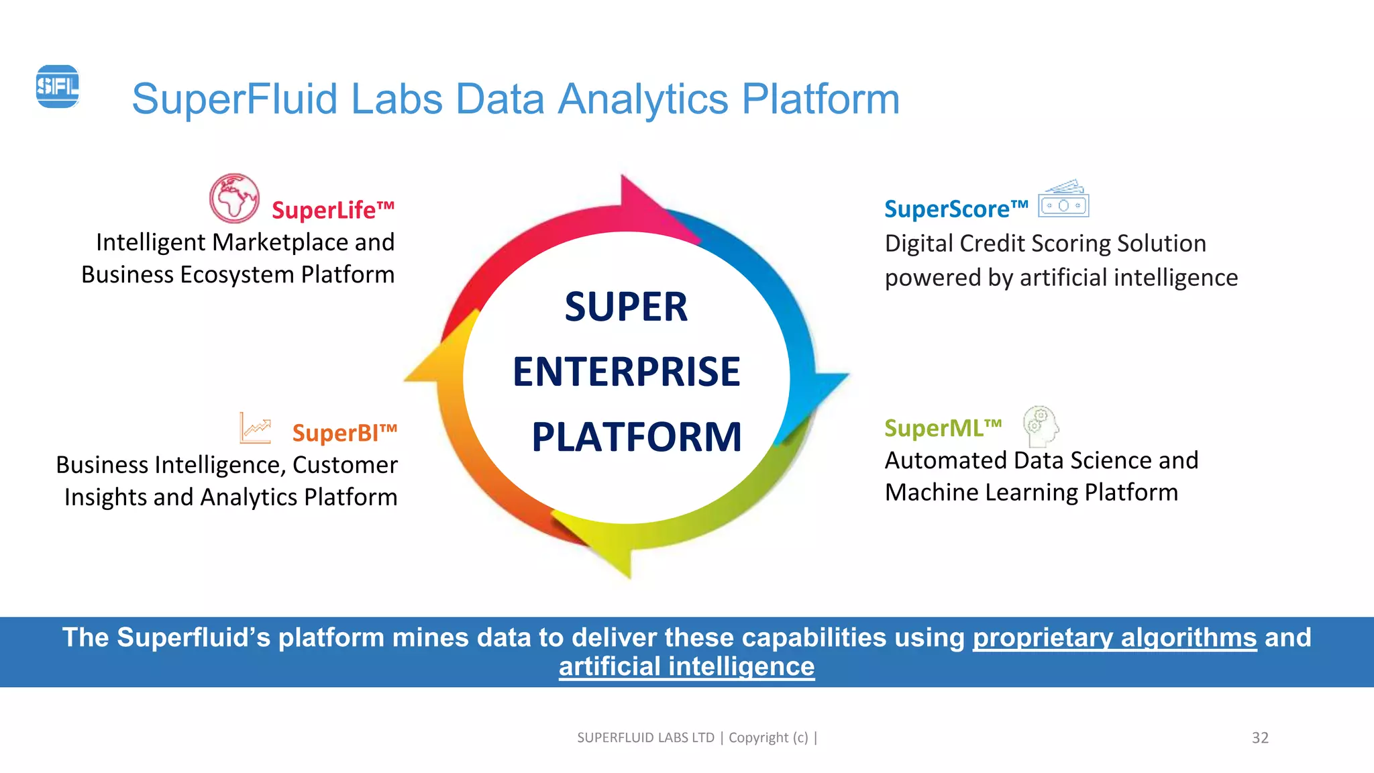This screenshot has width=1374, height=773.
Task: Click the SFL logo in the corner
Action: point(57,87)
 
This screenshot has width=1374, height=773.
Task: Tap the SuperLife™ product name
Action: point(333,210)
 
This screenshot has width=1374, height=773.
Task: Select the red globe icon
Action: point(234,199)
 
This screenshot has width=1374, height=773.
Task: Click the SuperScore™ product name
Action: point(955,209)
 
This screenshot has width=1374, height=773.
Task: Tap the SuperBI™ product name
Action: point(344,433)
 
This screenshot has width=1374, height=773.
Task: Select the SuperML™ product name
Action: point(943,428)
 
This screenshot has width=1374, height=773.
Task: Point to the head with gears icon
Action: point(1040,426)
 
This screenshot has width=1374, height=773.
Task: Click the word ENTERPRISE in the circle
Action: point(626,372)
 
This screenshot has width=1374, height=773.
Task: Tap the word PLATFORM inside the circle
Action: point(636,437)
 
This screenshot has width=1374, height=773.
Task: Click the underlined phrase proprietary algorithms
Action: point(1114,637)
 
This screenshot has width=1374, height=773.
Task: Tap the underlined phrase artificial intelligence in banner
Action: point(686,667)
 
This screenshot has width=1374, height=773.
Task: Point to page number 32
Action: point(1260,737)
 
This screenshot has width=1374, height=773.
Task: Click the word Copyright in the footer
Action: point(758,737)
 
